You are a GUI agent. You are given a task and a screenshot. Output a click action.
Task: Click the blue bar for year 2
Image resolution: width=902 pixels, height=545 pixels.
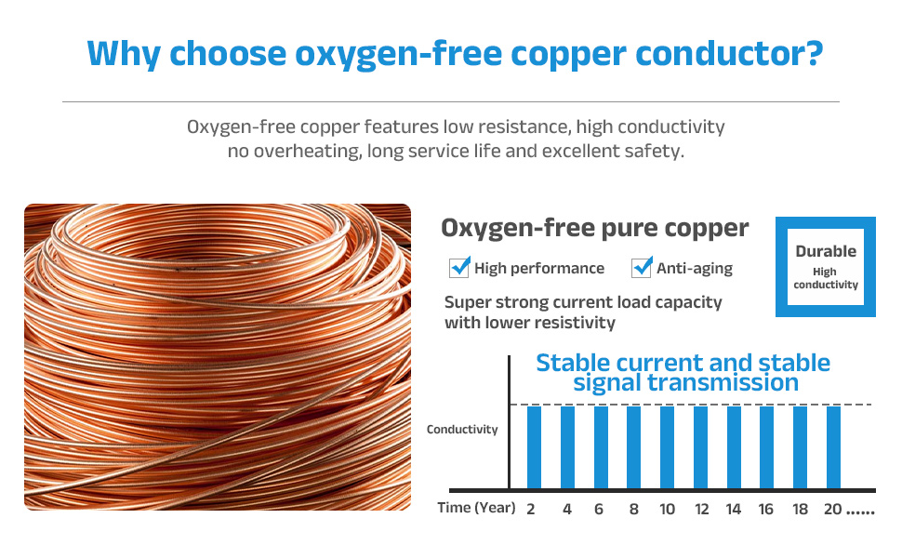click(x=534, y=447)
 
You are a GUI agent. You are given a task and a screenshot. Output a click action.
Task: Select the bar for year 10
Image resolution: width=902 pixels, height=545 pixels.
click(x=667, y=447)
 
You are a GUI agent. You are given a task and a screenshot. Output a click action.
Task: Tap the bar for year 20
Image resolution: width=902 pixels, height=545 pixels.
click(x=833, y=447)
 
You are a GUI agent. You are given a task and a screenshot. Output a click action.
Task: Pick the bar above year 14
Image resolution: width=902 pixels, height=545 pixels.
click(x=734, y=447)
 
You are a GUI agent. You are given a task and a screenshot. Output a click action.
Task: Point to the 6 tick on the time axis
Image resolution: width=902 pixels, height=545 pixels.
click(x=599, y=510)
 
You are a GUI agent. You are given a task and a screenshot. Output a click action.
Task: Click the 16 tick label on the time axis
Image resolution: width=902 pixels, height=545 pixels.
click(x=765, y=510)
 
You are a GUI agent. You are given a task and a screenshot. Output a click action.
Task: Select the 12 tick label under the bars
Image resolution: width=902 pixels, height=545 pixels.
click(x=701, y=510)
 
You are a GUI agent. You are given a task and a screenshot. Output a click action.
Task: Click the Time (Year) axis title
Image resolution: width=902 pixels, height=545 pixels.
click(x=476, y=508)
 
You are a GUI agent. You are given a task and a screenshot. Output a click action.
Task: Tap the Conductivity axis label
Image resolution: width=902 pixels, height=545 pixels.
click(x=462, y=430)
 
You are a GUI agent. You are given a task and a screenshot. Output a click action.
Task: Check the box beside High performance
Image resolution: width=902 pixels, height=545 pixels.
click(x=459, y=268)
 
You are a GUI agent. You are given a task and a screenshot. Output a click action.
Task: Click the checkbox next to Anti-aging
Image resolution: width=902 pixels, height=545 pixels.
click(x=642, y=268)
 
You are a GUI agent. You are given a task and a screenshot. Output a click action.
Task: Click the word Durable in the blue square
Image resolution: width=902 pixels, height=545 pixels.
click(x=826, y=251)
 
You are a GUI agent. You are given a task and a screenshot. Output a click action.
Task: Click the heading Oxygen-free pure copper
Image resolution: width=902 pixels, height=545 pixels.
click(x=595, y=229)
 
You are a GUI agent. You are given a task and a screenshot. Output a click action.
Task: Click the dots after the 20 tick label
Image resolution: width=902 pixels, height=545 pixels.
click(x=860, y=512)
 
